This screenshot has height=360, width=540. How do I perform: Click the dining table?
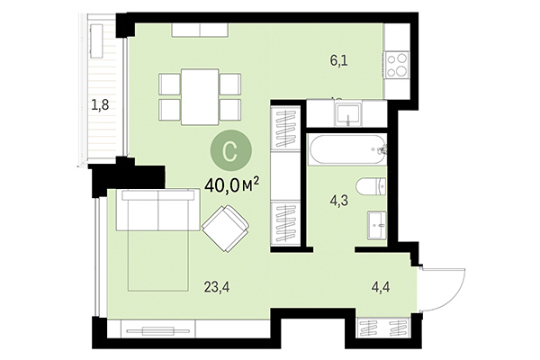(199, 95)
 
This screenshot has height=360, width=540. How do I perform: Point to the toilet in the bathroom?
(372, 187)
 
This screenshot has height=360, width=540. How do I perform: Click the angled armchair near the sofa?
(227, 229)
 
